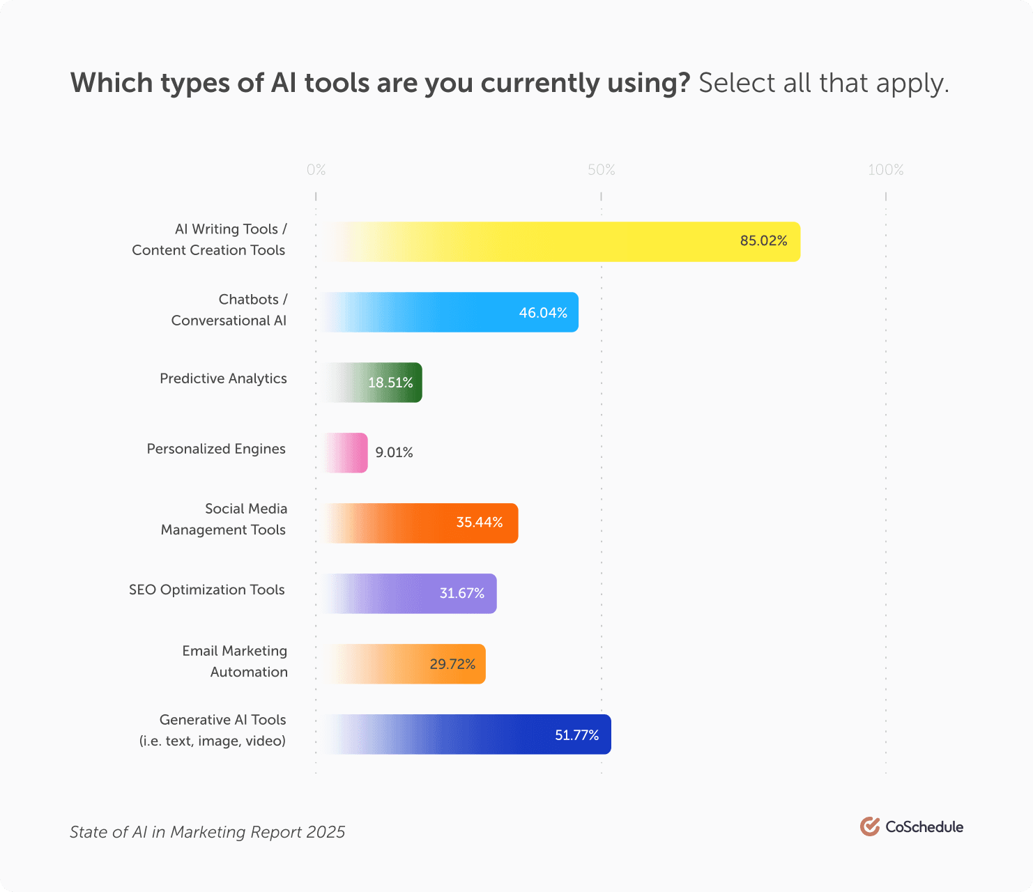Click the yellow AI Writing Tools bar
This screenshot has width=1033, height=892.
[x=558, y=242]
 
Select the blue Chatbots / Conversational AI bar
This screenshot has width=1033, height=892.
[x=446, y=312]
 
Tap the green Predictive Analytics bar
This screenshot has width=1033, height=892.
[x=369, y=383]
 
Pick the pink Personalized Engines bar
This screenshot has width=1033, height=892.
[x=344, y=453]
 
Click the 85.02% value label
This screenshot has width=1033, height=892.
[x=763, y=241]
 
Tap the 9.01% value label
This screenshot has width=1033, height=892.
[x=394, y=453]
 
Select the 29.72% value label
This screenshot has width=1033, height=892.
[x=452, y=664]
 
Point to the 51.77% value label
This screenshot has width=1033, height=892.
[x=576, y=735]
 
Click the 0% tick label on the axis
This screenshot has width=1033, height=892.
[x=316, y=170]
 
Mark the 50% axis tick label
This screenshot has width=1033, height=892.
[x=601, y=170]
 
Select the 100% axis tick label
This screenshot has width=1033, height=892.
[x=885, y=170]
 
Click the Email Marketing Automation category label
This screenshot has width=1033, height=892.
[x=235, y=661]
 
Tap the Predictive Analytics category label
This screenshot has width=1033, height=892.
[x=223, y=378]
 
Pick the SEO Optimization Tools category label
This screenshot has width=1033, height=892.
[x=207, y=590]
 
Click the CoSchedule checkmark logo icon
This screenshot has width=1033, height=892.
[x=869, y=826]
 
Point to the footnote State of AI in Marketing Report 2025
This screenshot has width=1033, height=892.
[x=207, y=832]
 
